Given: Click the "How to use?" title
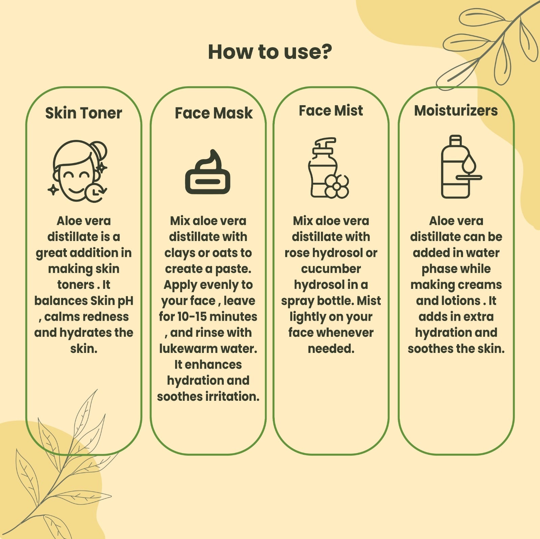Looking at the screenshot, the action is pos(270,52).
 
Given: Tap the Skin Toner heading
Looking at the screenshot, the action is pos(84,113).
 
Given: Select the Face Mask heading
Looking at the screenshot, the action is pos(214,113).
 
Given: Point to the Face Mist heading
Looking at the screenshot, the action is pos(331,111).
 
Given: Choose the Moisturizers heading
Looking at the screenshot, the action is pos(456,111).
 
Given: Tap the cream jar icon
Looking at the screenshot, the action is pos(208,172).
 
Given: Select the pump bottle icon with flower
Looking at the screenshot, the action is pos(328,168).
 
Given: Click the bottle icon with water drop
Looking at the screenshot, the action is pos(461,167).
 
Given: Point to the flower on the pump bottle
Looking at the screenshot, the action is pos(337,186).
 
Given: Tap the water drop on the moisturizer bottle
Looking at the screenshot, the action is pos(469,164).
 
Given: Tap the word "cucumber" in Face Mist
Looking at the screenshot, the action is pos(331,269).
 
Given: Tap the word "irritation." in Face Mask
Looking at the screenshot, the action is pos(233,396).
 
